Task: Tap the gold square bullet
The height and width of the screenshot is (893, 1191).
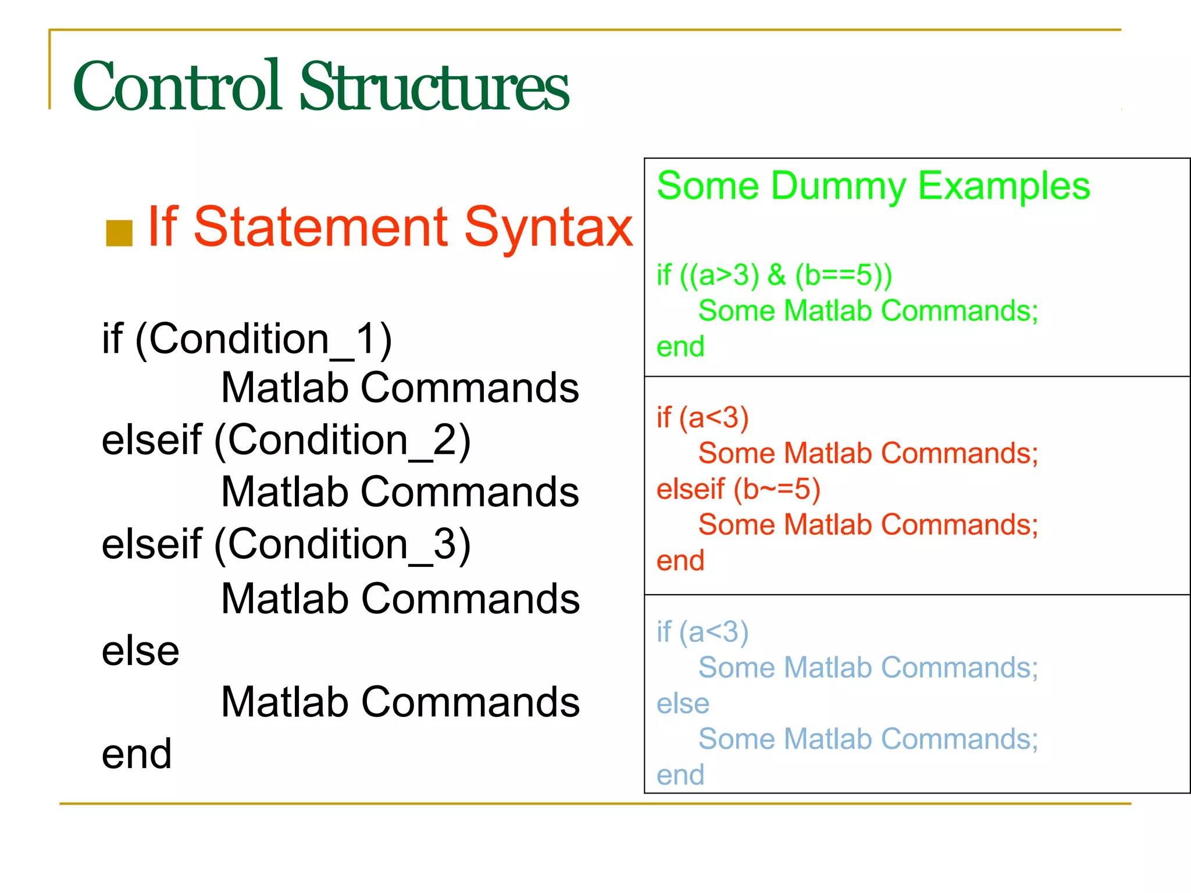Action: click(x=119, y=233)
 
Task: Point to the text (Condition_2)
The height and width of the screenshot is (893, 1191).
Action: click(x=343, y=440)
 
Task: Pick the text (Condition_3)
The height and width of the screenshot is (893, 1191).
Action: click(x=343, y=545)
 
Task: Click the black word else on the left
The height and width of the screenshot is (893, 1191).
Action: click(x=140, y=651)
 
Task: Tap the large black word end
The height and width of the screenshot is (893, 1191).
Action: click(x=137, y=754)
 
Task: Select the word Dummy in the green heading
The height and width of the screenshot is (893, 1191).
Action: click(x=838, y=187)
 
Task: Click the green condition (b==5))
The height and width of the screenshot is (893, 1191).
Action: click(x=843, y=275)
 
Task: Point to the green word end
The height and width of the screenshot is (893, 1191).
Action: click(x=680, y=347)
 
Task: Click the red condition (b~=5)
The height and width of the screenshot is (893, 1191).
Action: click(x=776, y=489)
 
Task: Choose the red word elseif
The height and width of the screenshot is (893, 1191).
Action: click(x=690, y=489)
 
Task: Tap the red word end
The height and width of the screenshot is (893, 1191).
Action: click(x=680, y=561)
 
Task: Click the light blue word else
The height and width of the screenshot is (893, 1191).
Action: click(x=683, y=704)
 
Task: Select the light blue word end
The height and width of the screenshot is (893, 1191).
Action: click(x=680, y=775)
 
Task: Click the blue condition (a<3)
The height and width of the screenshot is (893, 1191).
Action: click(x=714, y=632)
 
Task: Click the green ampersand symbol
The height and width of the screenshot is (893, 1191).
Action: click(x=776, y=275)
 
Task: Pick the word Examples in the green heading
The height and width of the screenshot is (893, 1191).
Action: click(x=1003, y=187)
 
